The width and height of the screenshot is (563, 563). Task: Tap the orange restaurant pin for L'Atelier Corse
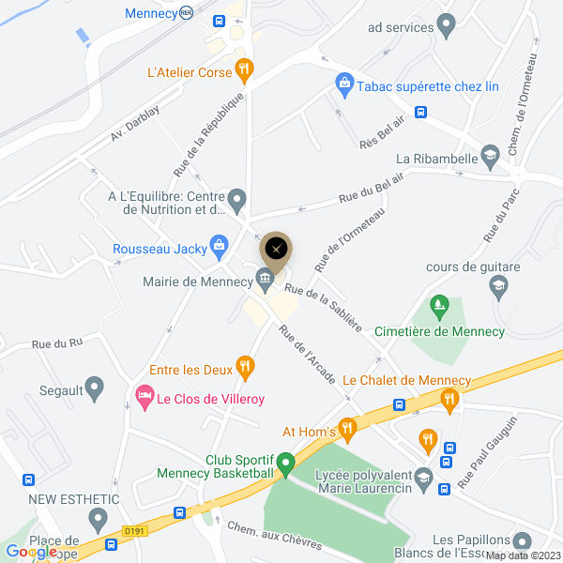click(x=244, y=68)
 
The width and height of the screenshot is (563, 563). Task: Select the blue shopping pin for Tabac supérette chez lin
click(x=344, y=84)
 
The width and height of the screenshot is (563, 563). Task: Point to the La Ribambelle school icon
click(x=489, y=154)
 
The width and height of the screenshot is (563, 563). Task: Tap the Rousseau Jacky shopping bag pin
click(x=219, y=245)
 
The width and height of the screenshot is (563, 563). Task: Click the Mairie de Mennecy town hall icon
click(x=266, y=277)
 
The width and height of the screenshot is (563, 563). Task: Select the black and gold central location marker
click(x=276, y=249)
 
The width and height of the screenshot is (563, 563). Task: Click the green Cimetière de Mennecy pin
click(x=437, y=306)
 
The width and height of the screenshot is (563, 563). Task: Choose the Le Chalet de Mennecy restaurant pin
click(x=449, y=401)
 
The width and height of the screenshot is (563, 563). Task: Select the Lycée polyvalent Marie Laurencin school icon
click(x=423, y=476)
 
